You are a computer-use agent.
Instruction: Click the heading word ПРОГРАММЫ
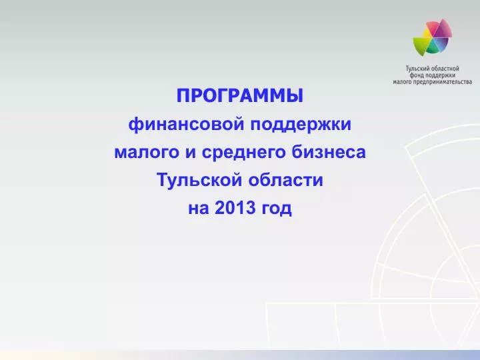click(x=240, y=95)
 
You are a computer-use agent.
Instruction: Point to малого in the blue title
click(x=147, y=152)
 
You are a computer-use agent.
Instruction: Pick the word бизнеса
click(x=329, y=151)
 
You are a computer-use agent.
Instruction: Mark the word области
click(x=285, y=180)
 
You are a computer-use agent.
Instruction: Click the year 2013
click(x=235, y=208)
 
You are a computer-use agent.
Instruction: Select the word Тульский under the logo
click(x=417, y=68)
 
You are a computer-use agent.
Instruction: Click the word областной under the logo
click(x=444, y=68)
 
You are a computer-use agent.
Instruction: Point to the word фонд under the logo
click(x=417, y=75)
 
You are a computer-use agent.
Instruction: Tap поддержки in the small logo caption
click(x=441, y=75)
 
